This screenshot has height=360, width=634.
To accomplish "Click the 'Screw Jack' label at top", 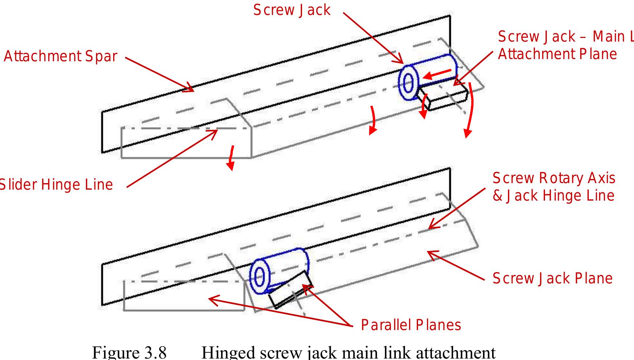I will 292,10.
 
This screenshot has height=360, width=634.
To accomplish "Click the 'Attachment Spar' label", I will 60,57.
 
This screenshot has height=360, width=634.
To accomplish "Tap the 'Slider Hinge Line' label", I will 55,185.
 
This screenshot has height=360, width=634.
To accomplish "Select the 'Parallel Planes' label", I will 411,325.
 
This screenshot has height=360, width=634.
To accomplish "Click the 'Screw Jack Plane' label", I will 552,278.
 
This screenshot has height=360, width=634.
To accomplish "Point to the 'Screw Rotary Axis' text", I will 553,178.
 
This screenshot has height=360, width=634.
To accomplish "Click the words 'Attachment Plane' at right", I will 557,54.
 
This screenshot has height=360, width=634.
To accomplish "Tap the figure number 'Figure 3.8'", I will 129,352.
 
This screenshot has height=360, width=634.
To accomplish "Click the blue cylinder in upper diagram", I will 434,75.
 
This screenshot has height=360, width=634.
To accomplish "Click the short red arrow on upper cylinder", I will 440,74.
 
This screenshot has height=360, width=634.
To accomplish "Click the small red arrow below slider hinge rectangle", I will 231,159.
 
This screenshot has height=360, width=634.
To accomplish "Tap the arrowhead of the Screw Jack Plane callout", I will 430,253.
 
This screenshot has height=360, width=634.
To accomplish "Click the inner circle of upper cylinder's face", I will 409,83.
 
